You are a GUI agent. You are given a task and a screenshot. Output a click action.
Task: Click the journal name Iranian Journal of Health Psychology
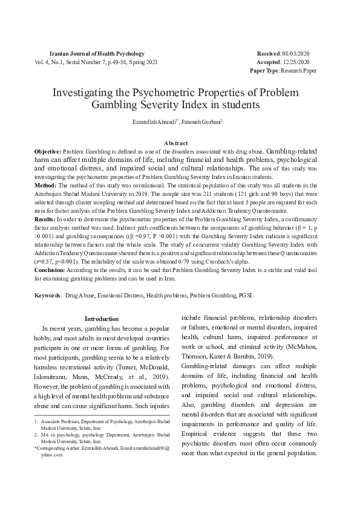coord(96,54)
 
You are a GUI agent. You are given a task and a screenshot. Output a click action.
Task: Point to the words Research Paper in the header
coord(298,71)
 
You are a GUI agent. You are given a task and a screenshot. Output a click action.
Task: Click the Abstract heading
coord(180,143)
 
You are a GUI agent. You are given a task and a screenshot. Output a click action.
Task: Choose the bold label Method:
coord(45,184)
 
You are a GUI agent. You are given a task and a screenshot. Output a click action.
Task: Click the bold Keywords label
coord(47,296)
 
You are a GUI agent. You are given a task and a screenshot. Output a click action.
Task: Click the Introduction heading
coord(101,319)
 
